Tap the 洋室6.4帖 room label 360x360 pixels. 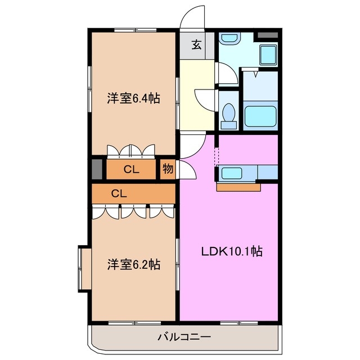pos(134,99)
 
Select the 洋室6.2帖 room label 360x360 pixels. pos(134,264)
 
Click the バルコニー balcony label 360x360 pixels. pos(183,337)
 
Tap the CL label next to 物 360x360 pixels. pos(132,169)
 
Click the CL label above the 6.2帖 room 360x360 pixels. pos(118,193)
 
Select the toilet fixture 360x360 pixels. pos(228,112)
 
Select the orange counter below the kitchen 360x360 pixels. pos(238,187)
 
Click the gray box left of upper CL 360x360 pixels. pos(97,169)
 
